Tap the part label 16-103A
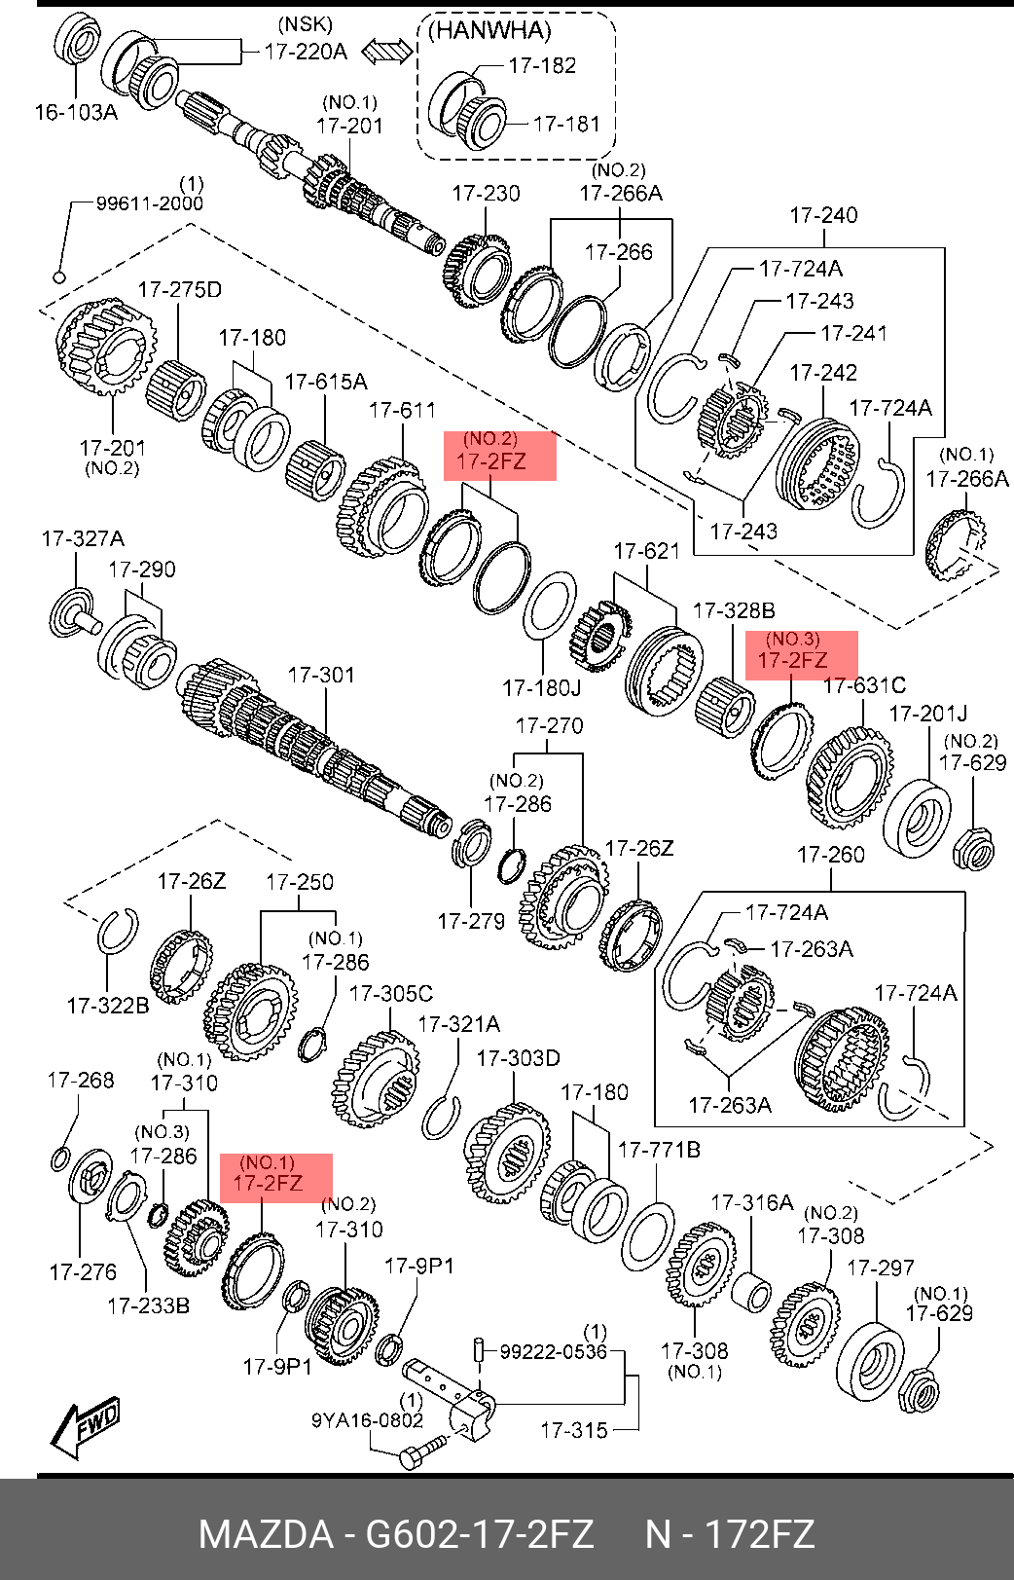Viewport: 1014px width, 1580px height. (x=76, y=112)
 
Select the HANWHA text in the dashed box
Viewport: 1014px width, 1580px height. (x=489, y=30)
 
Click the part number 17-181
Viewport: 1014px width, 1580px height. (x=567, y=124)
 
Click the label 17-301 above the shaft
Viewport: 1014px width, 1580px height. (x=321, y=674)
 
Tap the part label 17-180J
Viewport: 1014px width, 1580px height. (x=541, y=688)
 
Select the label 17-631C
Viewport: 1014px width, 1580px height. (x=864, y=686)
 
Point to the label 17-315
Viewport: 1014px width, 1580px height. (x=574, y=1430)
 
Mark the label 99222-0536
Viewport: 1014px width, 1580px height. (x=553, y=1351)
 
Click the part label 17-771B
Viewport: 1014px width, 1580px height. (x=659, y=1150)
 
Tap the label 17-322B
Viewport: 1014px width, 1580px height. (x=108, y=1006)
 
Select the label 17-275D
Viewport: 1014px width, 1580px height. (x=180, y=289)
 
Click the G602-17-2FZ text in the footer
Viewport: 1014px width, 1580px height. (x=478, y=1535)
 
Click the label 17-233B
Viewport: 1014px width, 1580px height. (x=148, y=1305)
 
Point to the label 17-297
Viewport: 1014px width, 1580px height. (x=881, y=1268)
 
